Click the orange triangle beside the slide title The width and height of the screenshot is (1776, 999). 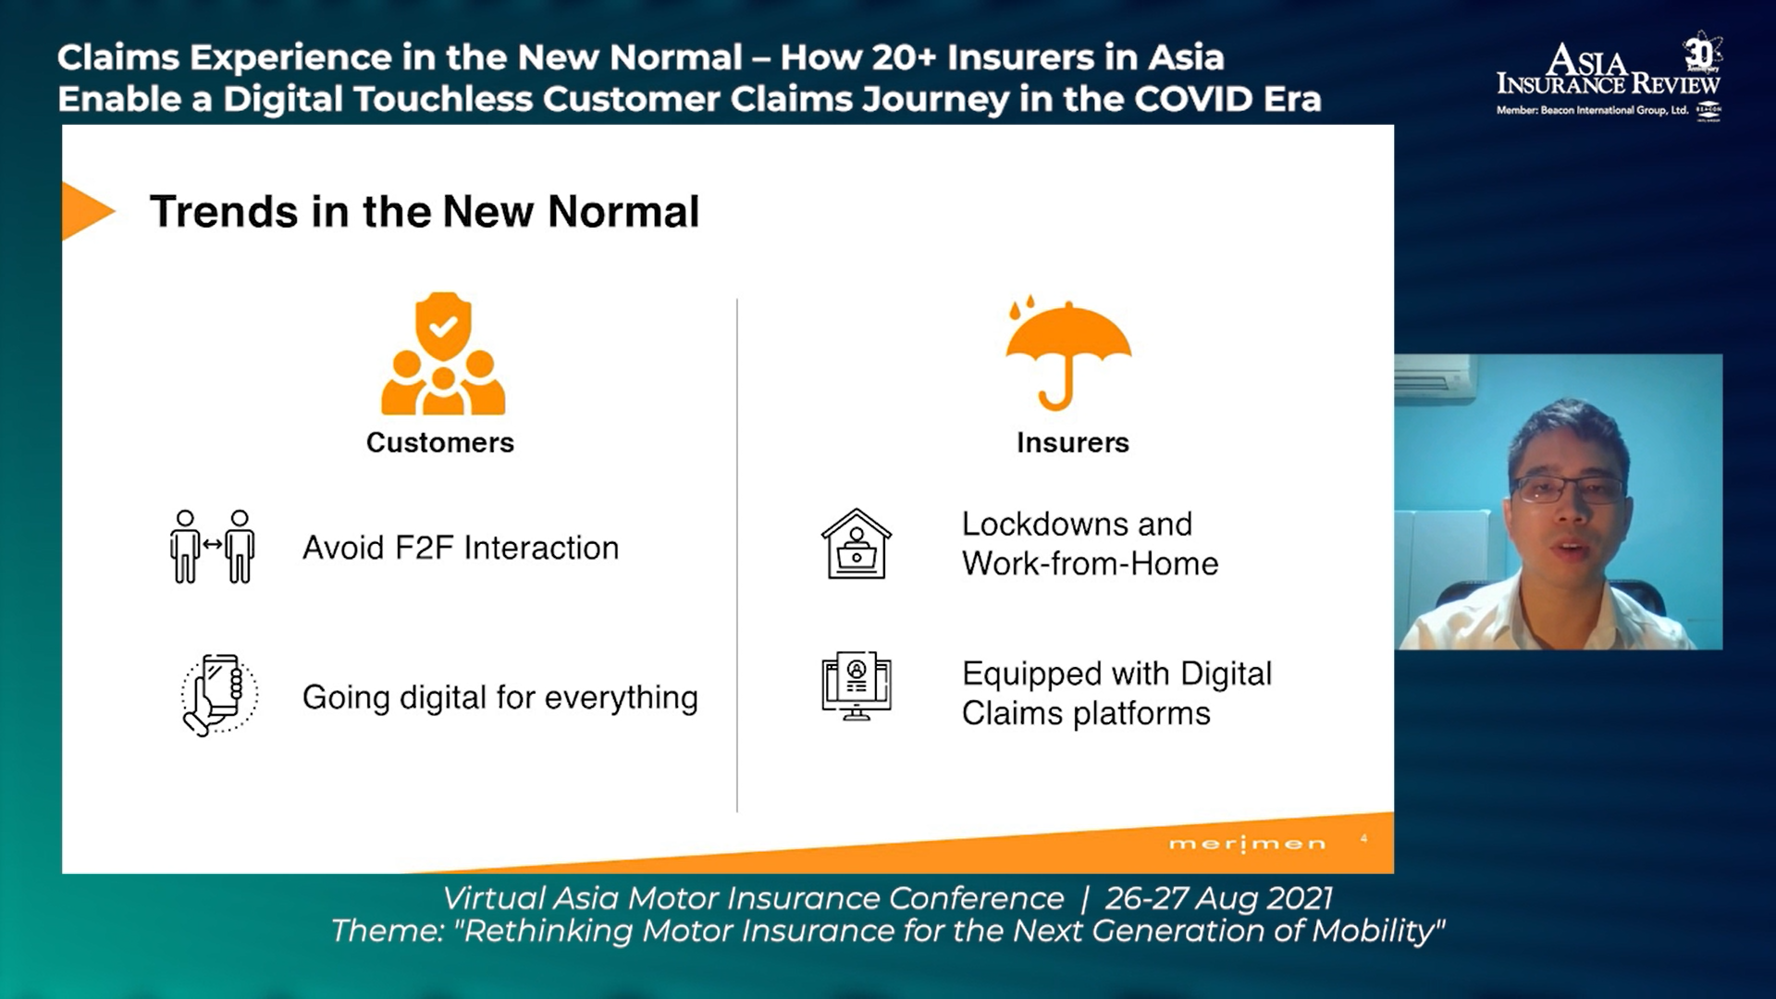click(x=85, y=211)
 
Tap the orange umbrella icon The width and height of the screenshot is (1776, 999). click(x=1068, y=353)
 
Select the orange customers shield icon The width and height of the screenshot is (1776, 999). click(x=443, y=353)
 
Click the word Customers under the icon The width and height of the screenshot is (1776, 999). click(x=440, y=443)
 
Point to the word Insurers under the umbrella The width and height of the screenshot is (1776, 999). click(x=1073, y=443)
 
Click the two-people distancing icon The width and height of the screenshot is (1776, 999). click(x=213, y=547)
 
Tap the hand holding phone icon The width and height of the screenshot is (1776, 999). click(x=219, y=695)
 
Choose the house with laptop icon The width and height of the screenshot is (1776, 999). click(x=857, y=544)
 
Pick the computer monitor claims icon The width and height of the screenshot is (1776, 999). click(x=857, y=685)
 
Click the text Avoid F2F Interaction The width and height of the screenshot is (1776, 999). click(x=461, y=548)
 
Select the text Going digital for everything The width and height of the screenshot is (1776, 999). click(x=500, y=697)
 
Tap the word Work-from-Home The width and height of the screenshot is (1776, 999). click(x=1091, y=564)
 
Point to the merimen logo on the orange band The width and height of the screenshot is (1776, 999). click(x=1248, y=844)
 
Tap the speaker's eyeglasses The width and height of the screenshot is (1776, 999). click(x=1569, y=489)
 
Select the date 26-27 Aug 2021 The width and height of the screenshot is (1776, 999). click(x=1219, y=898)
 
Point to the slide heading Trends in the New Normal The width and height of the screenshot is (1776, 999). click(x=425, y=212)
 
